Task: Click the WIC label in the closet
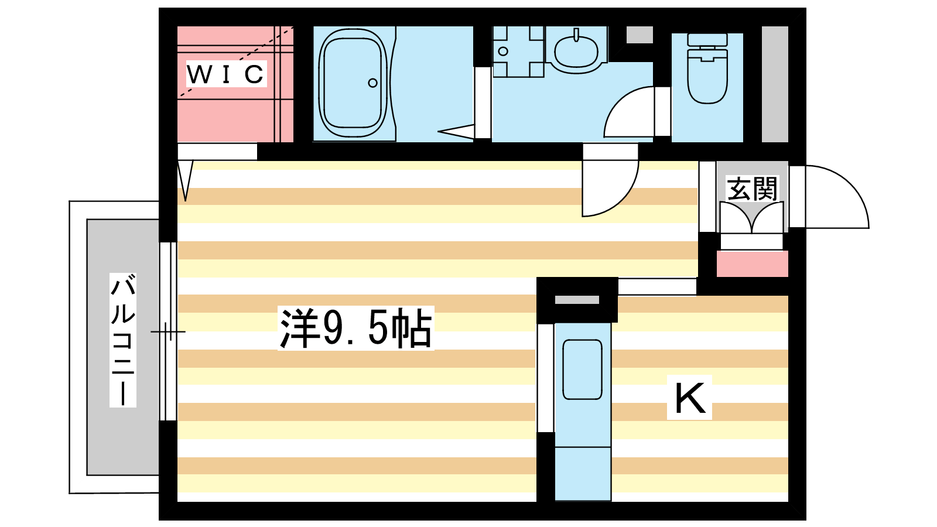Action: click(226, 74)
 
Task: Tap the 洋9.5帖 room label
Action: click(356, 328)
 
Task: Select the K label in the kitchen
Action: click(689, 398)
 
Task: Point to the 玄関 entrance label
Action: click(752, 189)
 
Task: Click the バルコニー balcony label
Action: click(123, 340)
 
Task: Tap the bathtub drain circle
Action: click(372, 83)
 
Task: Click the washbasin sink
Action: click(576, 51)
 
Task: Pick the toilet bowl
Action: click(707, 80)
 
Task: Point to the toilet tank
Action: click(707, 40)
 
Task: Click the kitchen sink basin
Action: click(582, 369)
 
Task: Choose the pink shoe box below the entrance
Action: click(752, 263)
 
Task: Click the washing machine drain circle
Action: click(503, 52)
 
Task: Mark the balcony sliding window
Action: click(168, 331)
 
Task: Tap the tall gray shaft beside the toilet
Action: click(775, 84)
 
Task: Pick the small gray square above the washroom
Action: click(640, 35)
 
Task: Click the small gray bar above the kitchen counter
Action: click(577, 300)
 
